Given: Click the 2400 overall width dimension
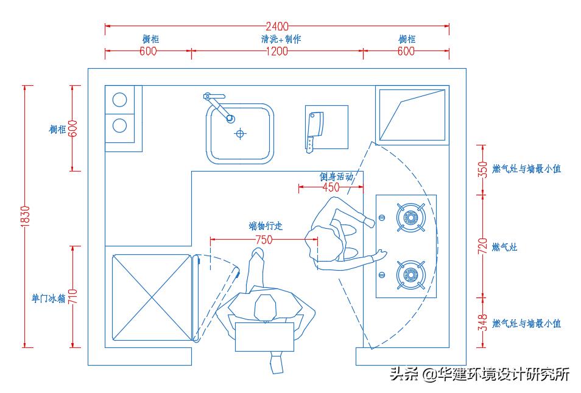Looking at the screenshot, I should coord(277,26).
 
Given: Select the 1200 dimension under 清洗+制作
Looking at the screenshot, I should coord(277,52).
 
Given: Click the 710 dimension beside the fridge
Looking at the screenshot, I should coord(72,296).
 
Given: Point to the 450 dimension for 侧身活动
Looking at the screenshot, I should coord(331,187).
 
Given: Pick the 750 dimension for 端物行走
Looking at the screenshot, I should coord(263,240).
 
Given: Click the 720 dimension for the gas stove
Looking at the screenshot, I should coord(482,246).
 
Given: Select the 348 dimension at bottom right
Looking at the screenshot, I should coord(482,323).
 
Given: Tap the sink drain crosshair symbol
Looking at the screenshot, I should coord(241,133).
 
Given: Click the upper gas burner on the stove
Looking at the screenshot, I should coord(410,217).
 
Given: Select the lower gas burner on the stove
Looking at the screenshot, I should coord(410,275).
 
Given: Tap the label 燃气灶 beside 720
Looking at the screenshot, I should coord(504,247).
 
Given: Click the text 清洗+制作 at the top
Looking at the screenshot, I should coord(277,39).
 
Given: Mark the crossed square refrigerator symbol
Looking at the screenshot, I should coord(152,297).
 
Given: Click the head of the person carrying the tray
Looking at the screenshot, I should coord(265,308).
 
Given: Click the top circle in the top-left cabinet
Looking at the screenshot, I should coord(120,100).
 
